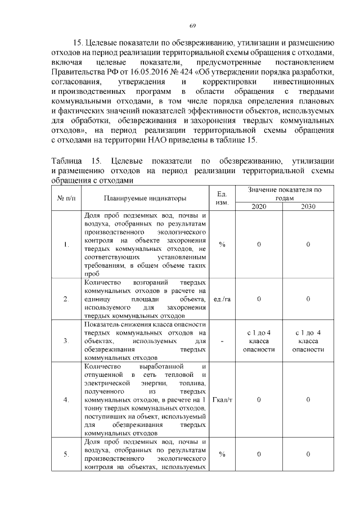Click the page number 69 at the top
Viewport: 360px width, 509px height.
(192, 26)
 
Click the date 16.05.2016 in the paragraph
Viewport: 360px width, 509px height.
(145, 72)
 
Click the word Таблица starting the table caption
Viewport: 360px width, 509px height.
(67, 161)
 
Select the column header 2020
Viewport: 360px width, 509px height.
(259, 206)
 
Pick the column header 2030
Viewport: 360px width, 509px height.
(308, 206)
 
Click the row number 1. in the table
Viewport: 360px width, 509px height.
(66, 244)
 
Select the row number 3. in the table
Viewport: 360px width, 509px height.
(66, 341)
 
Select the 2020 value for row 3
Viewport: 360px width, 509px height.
(259, 341)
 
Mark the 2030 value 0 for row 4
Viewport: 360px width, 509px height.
(308, 399)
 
